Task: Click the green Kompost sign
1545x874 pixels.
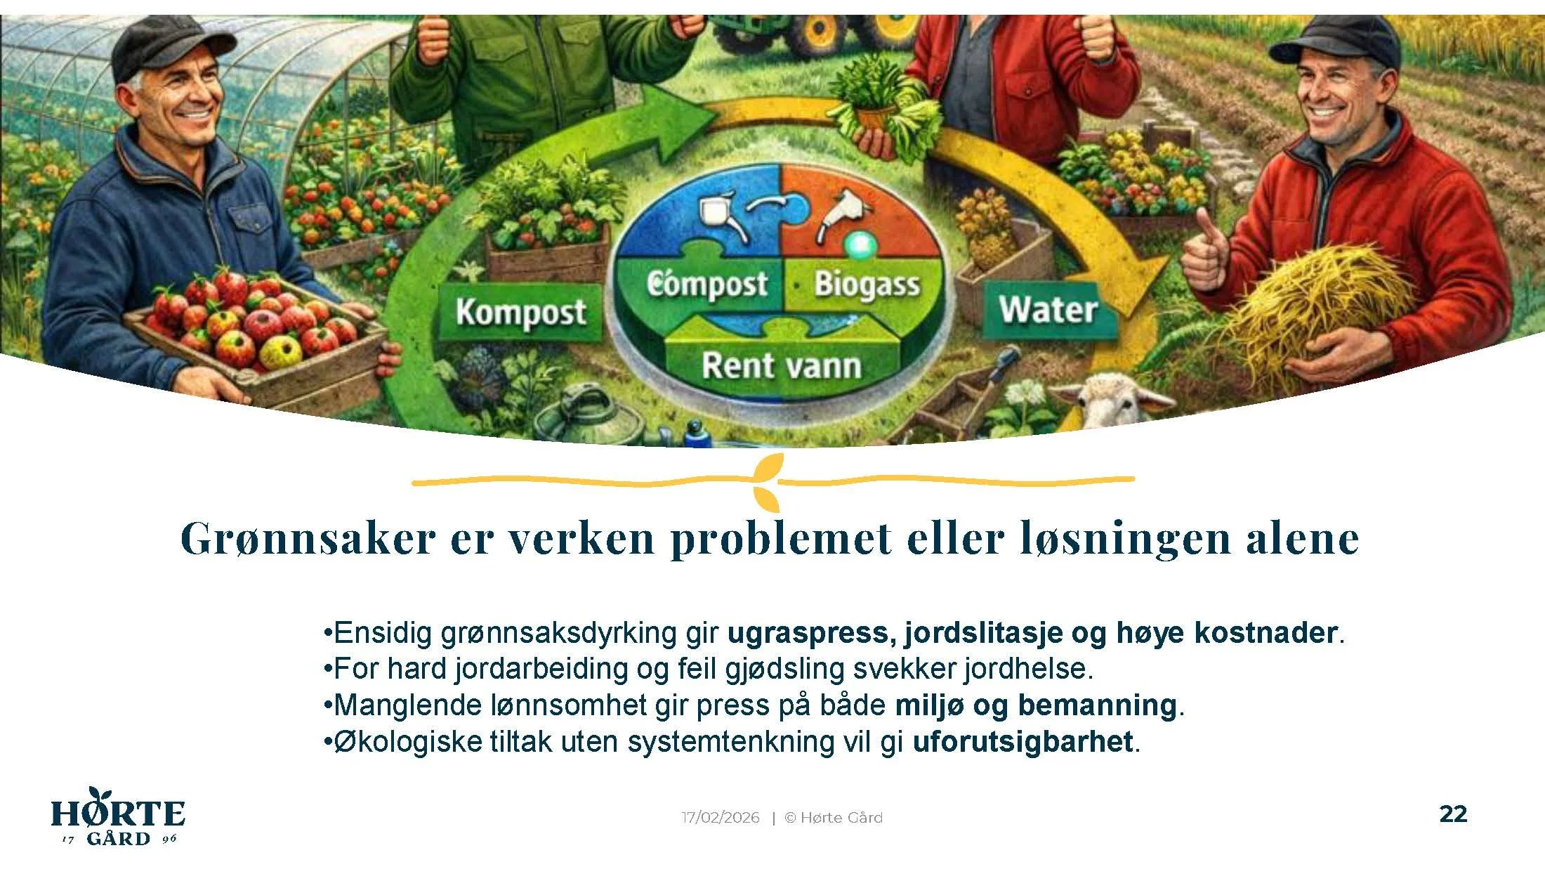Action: pyautogui.click(x=520, y=312)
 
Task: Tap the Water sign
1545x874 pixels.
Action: pyautogui.click(x=1048, y=310)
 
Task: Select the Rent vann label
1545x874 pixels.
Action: pyautogui.click(x=781, y=366)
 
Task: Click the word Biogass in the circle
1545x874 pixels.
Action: pyautogui.click(x=867, y=285)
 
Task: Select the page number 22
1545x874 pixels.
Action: pyautogui.click(x=1453, y=814)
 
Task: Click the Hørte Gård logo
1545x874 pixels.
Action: pyautogui.click(x=118, y=818)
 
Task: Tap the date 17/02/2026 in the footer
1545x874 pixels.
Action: pyautogui.click(x=721, y=818)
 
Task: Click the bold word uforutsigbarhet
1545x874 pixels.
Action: pyautogui.click(x=1023, y=742)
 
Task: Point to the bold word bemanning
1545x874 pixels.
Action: pyautogui.click(x=1097, y=705)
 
